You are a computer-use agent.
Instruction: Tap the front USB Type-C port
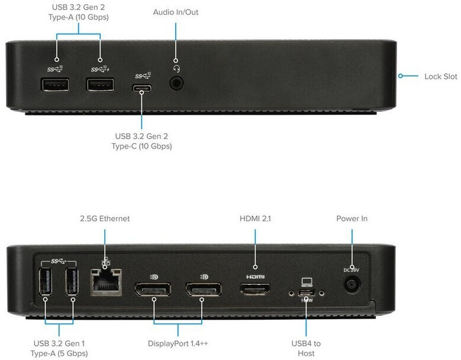point(143,89)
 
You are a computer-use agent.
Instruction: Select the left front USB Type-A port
point(54,85)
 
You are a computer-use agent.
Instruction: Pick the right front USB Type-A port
point(100,85)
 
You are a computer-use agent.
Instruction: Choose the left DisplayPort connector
point(153,291)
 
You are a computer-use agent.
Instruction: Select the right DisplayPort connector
point(203,291)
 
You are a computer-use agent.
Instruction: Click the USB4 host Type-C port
point(306,293)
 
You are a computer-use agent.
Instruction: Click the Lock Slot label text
point(441,76)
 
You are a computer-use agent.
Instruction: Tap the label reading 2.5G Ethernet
point(105,218)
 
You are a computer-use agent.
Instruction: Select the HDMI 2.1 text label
point(255,218)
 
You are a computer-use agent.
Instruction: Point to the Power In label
point(352,218)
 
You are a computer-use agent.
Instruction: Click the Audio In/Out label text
point(176,12)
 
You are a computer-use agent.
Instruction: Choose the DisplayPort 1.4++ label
point(178,343)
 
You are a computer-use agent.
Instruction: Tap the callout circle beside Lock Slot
point(401,76)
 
